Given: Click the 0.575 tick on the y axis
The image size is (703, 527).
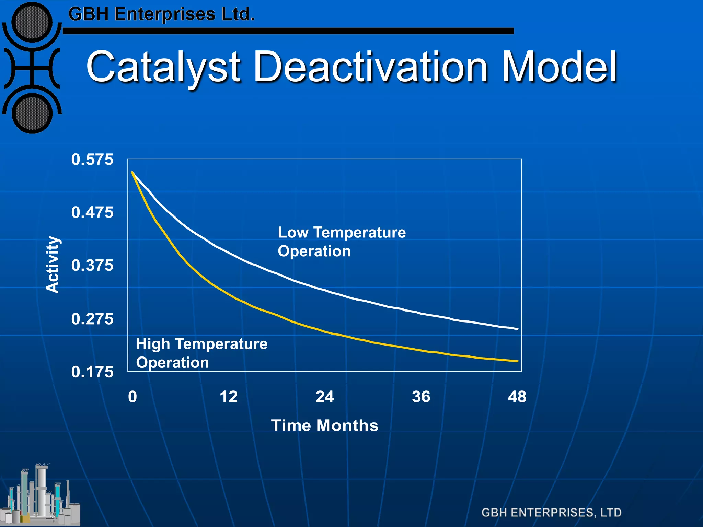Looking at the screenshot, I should pos(92,160).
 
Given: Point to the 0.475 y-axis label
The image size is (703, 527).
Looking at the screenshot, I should pos(92,213).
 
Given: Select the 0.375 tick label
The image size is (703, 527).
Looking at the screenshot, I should pos(92,266).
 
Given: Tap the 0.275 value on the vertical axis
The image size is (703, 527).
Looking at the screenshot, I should pos(92,319).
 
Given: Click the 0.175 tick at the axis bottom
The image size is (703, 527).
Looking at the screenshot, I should pos(92,372).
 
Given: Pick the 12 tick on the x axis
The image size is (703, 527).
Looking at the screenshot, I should pos(228,397).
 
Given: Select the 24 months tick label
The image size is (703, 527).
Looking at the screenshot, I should pos(324,397).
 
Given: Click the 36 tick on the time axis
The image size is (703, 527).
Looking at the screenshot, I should pos(421,397).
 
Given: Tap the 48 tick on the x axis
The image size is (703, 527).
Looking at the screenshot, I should pos(517,397).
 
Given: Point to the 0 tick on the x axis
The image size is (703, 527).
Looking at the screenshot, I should pos(132,397).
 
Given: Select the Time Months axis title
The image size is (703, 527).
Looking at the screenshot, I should pos(324,425).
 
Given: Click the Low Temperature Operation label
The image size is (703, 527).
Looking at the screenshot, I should pos(342,242).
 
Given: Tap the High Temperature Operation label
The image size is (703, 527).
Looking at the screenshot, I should pos(201,353).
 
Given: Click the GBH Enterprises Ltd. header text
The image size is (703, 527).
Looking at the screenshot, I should pos(161,14).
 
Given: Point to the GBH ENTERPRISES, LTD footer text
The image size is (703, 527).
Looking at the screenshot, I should pos(551,513).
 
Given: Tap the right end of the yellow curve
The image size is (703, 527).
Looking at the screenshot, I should pos(517,361).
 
